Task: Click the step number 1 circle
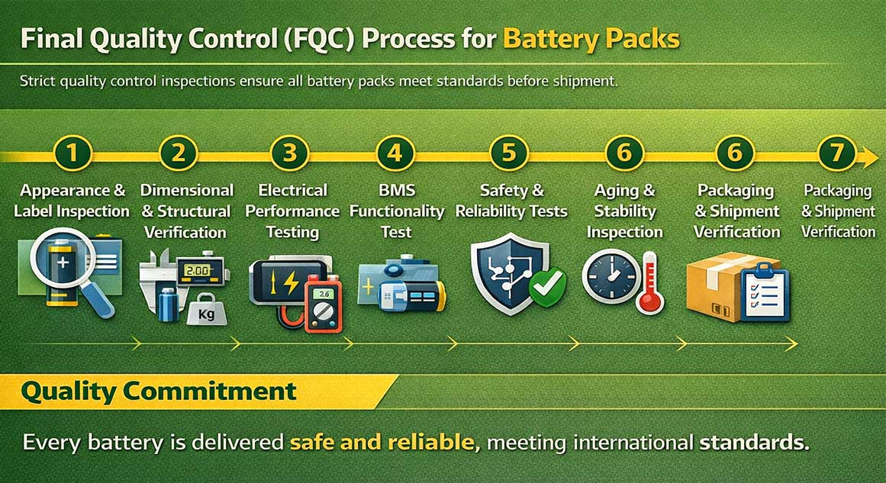[72, 153]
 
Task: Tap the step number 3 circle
[290, 153]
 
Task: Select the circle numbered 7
[836, 153]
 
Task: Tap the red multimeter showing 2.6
[323, 306]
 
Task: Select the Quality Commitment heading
[158, 391]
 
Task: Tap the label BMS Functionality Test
[396, 211]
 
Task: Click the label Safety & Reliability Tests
[511, 201]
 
